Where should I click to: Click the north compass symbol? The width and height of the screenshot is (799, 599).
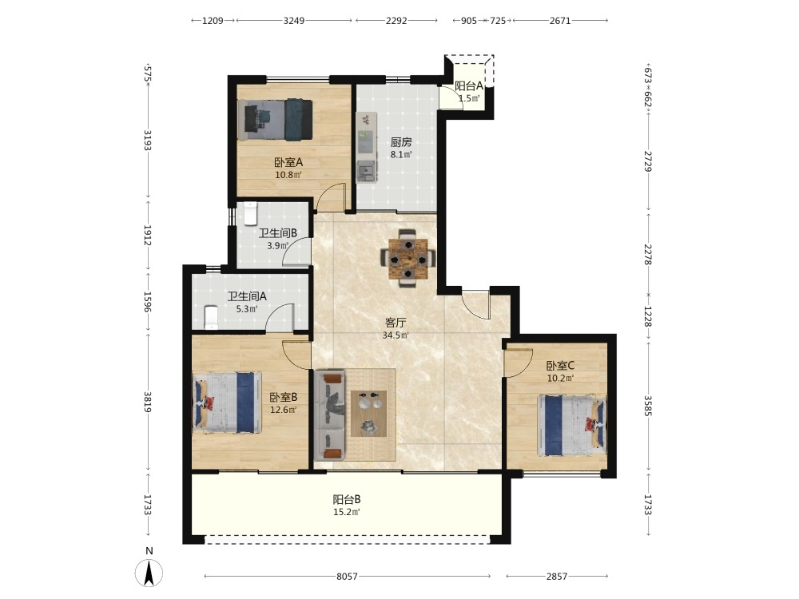[149, 573]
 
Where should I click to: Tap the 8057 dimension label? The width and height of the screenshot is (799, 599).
[347, 576]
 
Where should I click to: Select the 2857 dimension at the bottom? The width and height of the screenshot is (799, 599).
[556, 576]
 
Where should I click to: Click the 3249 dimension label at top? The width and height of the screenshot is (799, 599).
[294, 21]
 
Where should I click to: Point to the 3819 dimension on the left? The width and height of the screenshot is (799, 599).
[147, 402]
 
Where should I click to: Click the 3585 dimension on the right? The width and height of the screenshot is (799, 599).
[648, 406]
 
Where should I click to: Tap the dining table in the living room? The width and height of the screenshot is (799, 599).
[407, 258]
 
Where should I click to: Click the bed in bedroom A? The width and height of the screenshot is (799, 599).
[275, 120]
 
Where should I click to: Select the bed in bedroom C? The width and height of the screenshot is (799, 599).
[572, 426]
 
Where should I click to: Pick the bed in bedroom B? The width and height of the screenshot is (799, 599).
[227, 403]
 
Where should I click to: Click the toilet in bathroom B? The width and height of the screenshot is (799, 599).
[250, 214]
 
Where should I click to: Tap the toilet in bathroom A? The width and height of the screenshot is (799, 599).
[211, 317]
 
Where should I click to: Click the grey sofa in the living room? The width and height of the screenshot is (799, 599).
[330, 415]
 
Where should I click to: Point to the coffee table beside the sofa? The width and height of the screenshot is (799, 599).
[368, 414]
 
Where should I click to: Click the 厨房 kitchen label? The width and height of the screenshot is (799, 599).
[401, 142]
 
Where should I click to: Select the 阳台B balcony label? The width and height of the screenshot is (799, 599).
[347, 500]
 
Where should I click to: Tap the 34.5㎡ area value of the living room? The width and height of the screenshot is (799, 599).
[396, 335]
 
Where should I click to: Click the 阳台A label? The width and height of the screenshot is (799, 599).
[469, 86]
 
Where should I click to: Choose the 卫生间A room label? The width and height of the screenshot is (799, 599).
[247, 296]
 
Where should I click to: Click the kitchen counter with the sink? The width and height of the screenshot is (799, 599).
[367, 147]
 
